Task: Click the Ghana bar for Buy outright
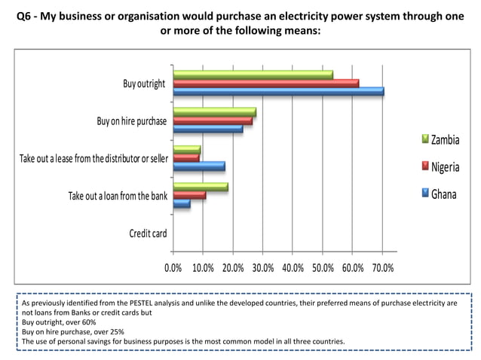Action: [x=278, y=92]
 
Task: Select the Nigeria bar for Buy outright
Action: [x=265, y=83]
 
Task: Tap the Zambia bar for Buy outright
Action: [x=253, y=75]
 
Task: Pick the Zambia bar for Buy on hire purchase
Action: [x=214, y=111]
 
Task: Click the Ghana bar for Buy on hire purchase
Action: [x=207, y=129]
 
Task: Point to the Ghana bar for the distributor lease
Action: [x=198, y=166]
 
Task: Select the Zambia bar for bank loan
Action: [x=200, y=186]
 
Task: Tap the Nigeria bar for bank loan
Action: [x=189, y=195]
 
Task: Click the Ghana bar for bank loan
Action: [x=182, y=203]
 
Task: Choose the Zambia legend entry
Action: [x=444, y=140]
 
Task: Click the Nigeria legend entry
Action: [x=444, y=166]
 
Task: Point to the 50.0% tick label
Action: [x=323, y=267]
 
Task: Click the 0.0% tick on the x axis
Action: [x=173, y=267]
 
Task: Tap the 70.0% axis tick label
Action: [x=382, y=267]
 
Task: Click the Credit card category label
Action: [x=148, y=233]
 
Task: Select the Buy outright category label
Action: [x=144, y=83]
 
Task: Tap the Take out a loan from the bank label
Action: [x=118, y=196]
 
